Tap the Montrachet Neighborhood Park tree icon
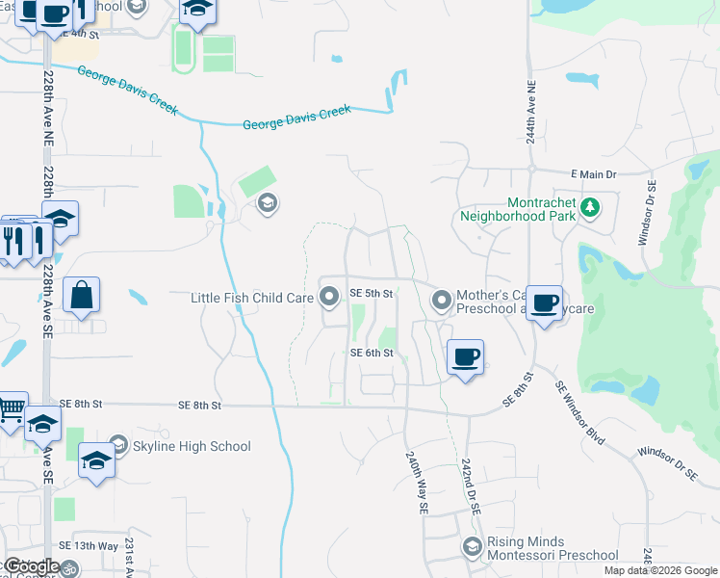592,205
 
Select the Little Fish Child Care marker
329,297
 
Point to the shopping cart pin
10,410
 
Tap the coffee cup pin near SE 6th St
466,358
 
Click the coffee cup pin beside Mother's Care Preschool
544,303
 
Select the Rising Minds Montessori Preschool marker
472,547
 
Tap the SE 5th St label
372,293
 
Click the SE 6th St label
372,354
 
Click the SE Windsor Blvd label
580,411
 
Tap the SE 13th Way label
89,546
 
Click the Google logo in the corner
32,566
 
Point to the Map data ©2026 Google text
659,570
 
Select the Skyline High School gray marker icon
118,444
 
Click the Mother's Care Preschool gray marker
442,302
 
